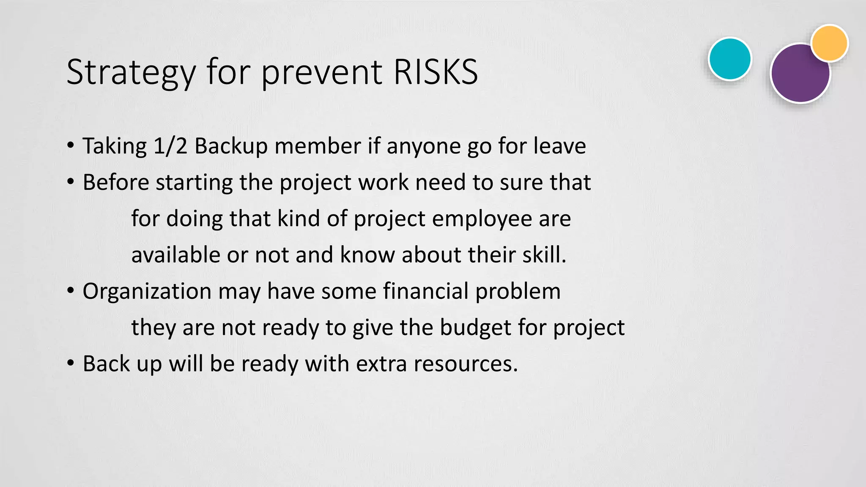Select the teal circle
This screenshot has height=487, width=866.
coord(730,59)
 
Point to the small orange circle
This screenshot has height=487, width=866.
coord(830,43)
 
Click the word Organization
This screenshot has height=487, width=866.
coord(147,292)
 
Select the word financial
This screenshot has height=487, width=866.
coord(426,291)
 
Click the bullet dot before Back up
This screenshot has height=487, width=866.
coord(71,364)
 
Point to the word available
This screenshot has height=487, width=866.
coord(175,255)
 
